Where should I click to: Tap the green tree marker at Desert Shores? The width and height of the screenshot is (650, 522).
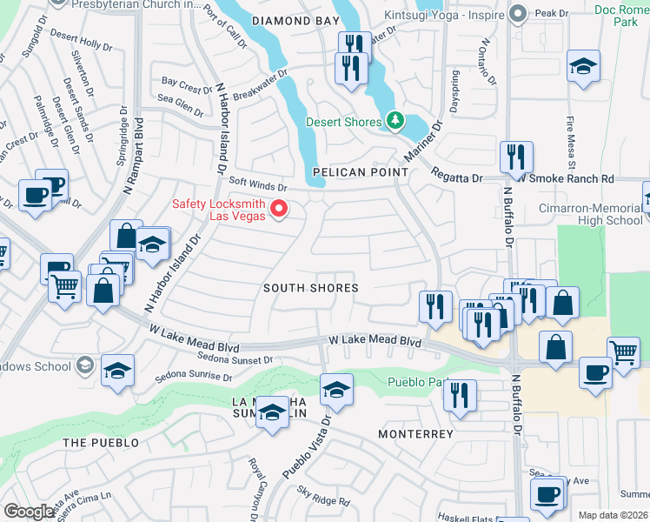396,120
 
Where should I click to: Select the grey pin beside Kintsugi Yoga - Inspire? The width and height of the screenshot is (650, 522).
519,12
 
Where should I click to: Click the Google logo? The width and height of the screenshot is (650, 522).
30,512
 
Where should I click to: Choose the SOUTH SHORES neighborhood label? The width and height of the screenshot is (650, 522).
310,288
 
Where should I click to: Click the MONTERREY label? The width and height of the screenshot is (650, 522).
416,433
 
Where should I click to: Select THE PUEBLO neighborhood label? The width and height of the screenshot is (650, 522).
101,443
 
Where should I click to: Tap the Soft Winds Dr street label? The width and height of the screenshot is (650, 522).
257,186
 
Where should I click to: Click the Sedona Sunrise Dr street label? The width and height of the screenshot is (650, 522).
194,378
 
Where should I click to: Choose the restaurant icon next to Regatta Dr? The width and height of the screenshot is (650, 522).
516,157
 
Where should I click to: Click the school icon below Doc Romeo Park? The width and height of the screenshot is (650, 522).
583,66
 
